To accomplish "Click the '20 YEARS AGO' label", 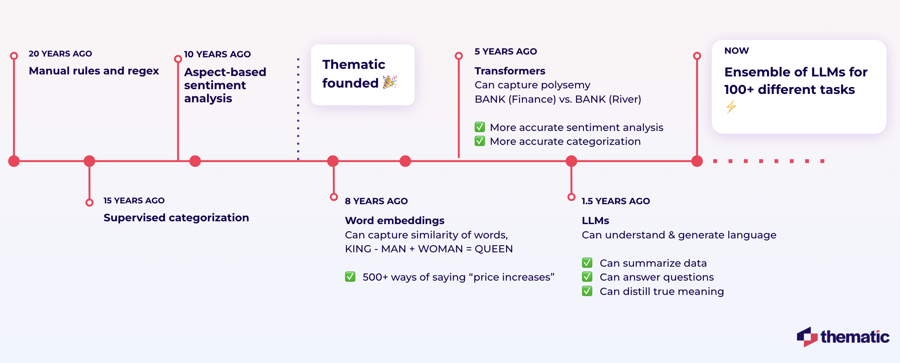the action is point(60,54).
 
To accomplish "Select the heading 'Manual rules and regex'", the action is point(94,71).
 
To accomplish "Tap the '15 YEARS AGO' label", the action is point(134,201).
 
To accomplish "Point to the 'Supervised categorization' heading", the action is point(176,218).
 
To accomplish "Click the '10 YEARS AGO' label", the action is point(217,54).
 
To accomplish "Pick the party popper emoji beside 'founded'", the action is point(390,82).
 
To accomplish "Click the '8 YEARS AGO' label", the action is point(376,201).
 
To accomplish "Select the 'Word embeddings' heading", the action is point(394,221).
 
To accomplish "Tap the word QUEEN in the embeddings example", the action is point(494,249).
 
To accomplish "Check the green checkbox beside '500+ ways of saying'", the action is point(350,277).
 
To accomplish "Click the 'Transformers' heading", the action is point(510,71).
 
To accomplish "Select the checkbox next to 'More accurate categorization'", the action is point(480,141).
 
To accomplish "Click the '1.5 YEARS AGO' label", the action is point(615,201).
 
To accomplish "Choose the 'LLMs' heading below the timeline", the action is point(595,221).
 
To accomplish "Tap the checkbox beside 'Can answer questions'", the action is point(587,277).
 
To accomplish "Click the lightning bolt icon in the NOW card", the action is point(731,107).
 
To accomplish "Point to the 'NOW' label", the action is point(736,51).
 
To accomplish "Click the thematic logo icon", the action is point(807,337).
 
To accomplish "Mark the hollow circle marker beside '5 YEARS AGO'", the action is point(459,56).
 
